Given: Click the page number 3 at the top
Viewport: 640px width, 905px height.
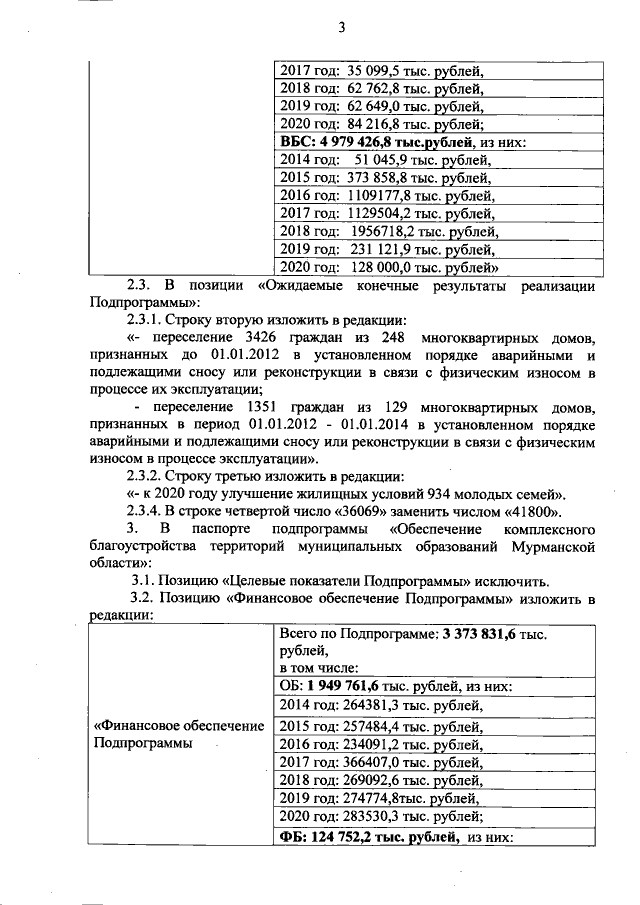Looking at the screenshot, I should point(341,27).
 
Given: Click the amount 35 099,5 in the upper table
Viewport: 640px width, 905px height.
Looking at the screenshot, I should point(374,70).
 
